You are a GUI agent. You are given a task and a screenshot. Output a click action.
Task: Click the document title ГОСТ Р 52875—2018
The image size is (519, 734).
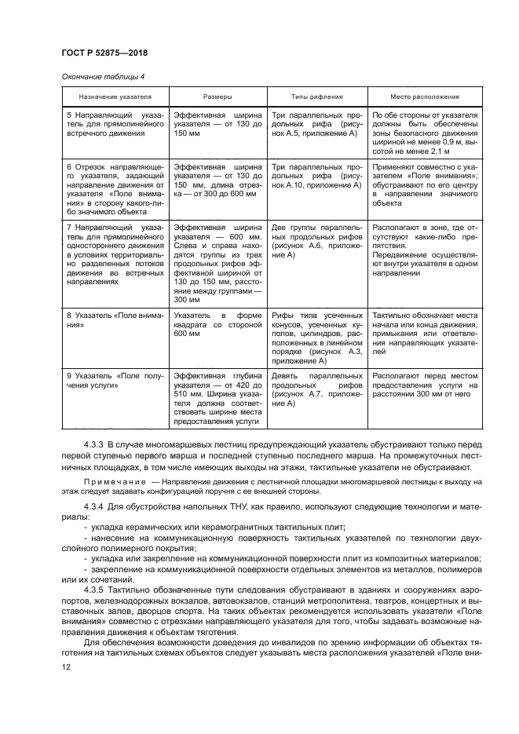coord(105,53)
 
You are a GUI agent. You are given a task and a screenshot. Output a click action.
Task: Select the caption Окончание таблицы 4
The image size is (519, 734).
coord(100,76)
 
